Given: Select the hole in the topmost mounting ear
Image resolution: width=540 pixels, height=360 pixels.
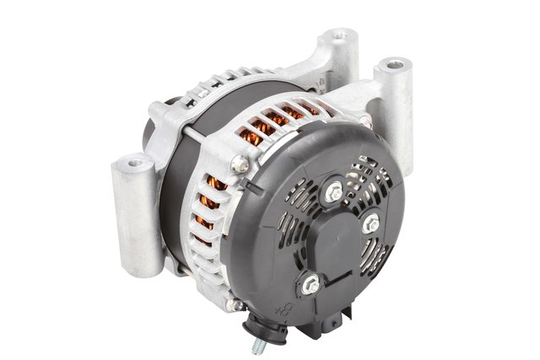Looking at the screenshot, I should point(341,35).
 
